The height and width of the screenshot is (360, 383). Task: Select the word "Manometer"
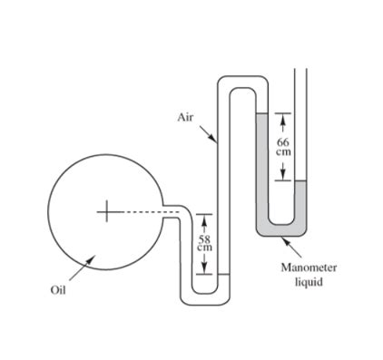click(x=309, y=268)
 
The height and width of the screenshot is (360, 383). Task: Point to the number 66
click(x=283, y=142)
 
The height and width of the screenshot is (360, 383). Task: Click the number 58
click(x=205, y=238)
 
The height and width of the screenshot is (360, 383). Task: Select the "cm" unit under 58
click(x=205, y=247)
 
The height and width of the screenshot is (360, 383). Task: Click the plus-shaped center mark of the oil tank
click(x=107, y=212)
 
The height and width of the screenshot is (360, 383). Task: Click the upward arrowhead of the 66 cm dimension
click(x=283, y=117)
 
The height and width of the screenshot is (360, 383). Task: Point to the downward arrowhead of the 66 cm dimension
click(x=283, y=177)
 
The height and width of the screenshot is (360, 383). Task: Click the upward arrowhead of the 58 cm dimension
click(x=205, y=218)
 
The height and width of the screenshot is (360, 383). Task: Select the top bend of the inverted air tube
click(x=242, y=83)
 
